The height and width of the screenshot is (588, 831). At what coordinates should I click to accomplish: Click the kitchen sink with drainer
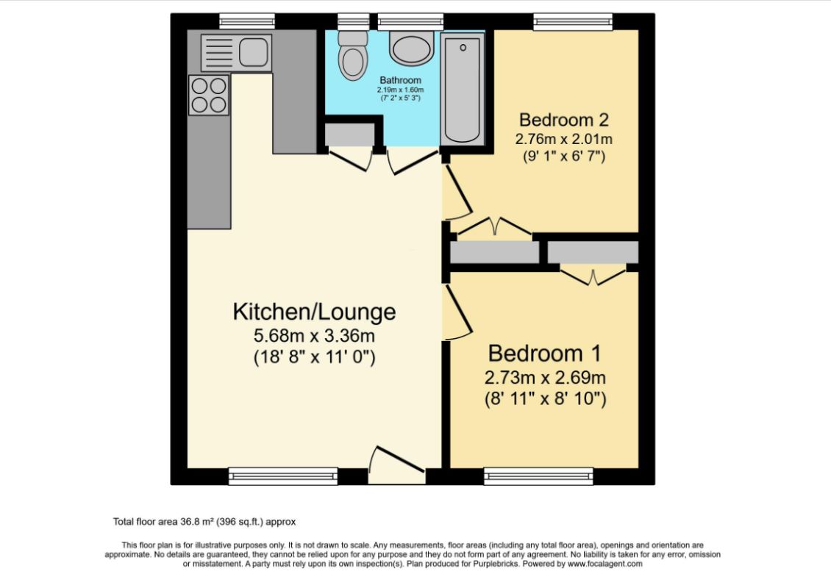236,51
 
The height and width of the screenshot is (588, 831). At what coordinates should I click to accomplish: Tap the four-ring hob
208,96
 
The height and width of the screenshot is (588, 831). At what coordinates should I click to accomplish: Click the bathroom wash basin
415,49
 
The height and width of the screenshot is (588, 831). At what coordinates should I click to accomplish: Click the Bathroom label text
400,80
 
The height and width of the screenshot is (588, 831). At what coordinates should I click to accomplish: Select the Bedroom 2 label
565,119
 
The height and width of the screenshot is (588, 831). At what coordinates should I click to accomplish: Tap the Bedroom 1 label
544,354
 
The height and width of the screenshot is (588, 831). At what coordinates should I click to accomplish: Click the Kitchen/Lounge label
314,312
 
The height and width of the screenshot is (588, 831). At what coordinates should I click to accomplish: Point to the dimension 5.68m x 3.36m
314,337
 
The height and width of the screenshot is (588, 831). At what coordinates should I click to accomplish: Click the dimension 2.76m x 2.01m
565,138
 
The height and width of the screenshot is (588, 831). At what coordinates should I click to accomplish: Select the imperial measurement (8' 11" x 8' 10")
544,400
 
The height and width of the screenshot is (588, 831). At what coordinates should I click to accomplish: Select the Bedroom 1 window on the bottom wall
539,476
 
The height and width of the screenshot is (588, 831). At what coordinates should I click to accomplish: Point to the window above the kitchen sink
247,22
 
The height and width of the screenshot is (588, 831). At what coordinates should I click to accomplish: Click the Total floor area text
204,522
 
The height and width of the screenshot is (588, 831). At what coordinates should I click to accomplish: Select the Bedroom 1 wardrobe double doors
593,278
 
